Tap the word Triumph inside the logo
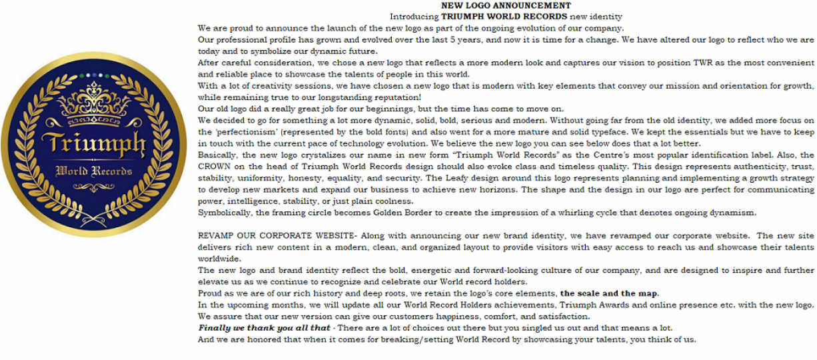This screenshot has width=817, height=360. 94,144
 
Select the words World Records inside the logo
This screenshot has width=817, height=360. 94,169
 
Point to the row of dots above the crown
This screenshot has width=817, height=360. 95,75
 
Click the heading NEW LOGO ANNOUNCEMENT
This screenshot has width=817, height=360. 506,5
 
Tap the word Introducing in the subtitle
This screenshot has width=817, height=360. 414,16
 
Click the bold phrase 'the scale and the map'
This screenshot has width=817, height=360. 609,293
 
